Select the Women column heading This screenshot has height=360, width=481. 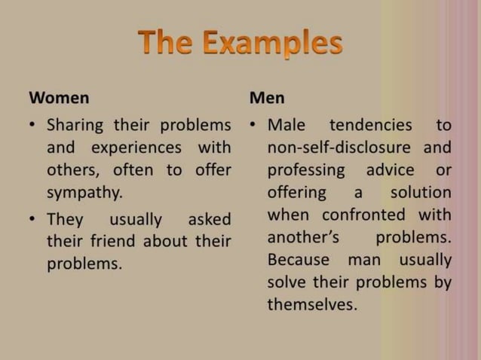tap(58, 98)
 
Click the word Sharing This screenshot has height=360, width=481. tap(75, 123)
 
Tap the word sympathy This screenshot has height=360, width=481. tap(84, 191)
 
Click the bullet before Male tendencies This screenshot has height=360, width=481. tap(256, 124)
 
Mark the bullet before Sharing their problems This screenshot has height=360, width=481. tap(35, 124)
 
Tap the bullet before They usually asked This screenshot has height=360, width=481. tap(35, 220)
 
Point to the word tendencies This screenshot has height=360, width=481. tap(370, 123)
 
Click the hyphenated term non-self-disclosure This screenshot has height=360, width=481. tap(339, 146)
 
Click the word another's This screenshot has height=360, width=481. tap(302, 237)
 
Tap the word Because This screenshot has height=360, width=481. tap(298, 260)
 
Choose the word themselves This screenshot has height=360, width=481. tap(311, 306)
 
